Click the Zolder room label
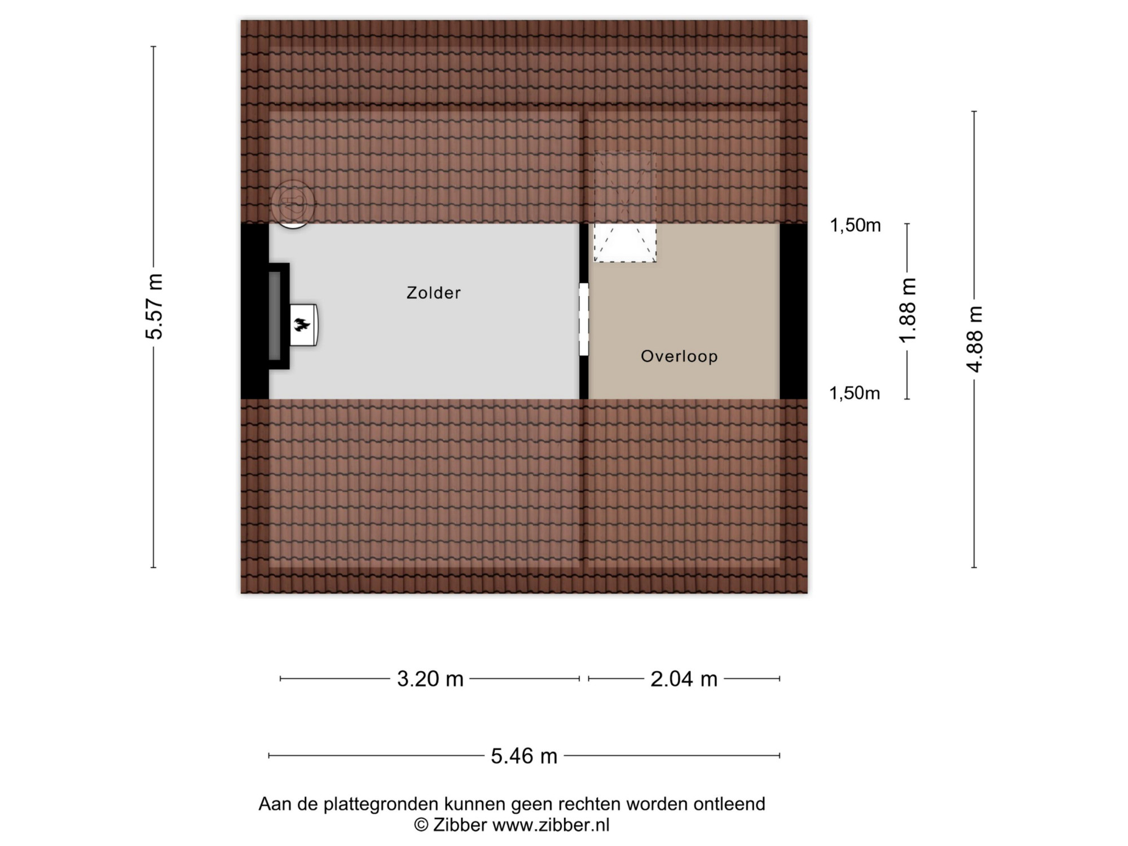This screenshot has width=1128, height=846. pyautogui.click(x=434, y=293)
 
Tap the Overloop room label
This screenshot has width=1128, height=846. pyautogui.click(x=680, y=356)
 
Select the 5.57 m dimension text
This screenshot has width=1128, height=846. pyautogui.click(x=154, y=306)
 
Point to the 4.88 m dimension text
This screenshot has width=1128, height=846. pyautogui.click(x=975, y=339)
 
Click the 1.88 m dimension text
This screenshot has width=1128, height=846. pyautogui.click(x=908, y=310)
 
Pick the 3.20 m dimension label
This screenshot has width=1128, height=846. pyautogui.click(x=430, y=679)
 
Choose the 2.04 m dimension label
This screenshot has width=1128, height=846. pyautogui.click(x=684, y=679)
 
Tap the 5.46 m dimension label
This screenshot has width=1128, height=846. pyautogui.click(x=524, y=756)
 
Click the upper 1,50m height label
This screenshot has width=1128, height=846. pyautogui.click(x=855, y=226)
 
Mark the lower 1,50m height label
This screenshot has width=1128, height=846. pyautogui.click(x=854, y=393)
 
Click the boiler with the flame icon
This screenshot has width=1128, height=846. pyautogui.click(x=304, y=325)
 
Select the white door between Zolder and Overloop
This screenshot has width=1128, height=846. pyautogui.click(x=584, y=319)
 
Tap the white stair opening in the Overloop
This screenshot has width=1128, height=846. pyautogui.click(x=625, y=243)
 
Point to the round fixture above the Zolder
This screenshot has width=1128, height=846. pyautogui.click(x=292, y=204)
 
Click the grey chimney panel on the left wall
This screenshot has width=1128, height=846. pyautogui.click(x=275, y=316)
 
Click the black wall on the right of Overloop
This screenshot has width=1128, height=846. pyautogui.click(x=794, y=311)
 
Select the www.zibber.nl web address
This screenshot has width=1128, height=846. pyautogui.click(x=551, y=825)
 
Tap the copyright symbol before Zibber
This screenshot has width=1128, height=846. pyautogui.click(x=421, y=825)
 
